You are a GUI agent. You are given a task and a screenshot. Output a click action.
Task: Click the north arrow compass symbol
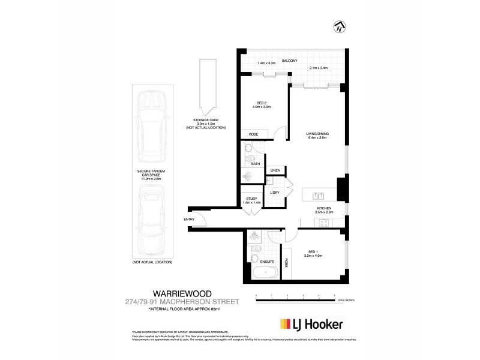[x=340, y=25]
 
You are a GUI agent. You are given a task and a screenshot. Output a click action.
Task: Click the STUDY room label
[x=251, y=199]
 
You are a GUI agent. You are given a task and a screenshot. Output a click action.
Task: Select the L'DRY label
[x=275, y=193]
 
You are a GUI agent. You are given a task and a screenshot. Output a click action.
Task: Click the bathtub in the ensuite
[x=264, y=274]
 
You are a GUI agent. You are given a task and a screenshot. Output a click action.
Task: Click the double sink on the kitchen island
[x=317, y=195]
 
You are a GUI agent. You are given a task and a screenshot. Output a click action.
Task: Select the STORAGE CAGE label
[x=202, y=121]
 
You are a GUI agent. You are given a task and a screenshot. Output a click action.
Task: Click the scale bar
[x=295, y=296]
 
